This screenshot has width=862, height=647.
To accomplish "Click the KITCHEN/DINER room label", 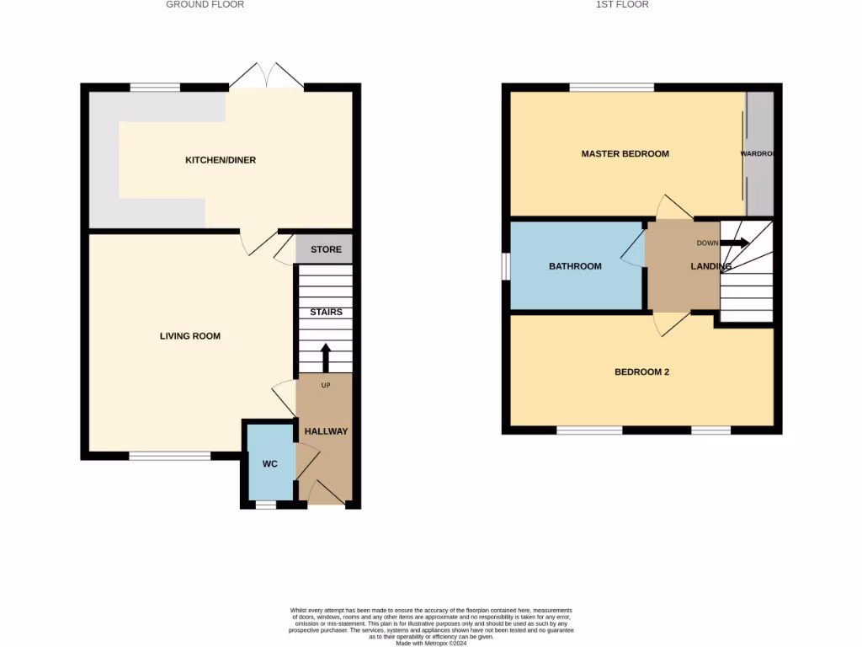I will point(221,160).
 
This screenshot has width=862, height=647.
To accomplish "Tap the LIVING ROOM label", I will point(190,336).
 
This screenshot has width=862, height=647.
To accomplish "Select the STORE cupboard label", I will point(326,249).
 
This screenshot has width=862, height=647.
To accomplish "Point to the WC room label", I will point(269,464).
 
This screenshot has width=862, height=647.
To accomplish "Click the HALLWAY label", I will point(326,431).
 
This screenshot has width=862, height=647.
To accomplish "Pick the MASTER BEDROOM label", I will point(625,154).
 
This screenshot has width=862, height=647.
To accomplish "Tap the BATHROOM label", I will point(575,266).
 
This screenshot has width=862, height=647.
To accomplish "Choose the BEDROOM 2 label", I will point(641,372).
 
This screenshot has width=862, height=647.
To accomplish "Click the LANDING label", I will point(710,266).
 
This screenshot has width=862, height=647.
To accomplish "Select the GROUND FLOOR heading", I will point(205,5).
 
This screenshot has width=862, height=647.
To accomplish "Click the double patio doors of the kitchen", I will point(266,77).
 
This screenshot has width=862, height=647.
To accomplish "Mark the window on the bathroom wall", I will point(505,266).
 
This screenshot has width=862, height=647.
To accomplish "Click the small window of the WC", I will point(266,505).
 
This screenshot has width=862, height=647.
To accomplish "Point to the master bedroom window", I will point(612,87).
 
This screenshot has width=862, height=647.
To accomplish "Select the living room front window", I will point(169,456).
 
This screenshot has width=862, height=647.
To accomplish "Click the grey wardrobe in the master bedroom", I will point(760,154).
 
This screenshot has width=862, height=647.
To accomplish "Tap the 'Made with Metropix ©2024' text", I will point(431,643).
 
